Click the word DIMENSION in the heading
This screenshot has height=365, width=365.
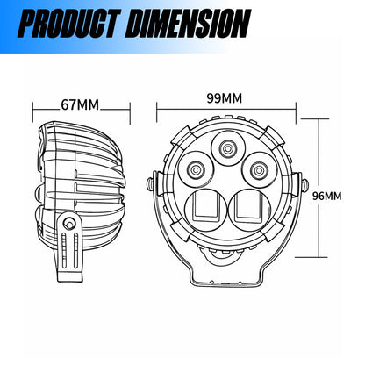pyautogui.click(x=189, y=24)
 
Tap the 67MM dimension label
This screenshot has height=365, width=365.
pyautogui.click(x=80, y=104)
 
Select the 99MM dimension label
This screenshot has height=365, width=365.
pyautogui.click(x=225, y=98)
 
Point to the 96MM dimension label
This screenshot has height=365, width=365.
pyautogui.click(x=326, y=196)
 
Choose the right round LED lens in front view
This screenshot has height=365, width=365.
pyautogui.click(x=259, y=169)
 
